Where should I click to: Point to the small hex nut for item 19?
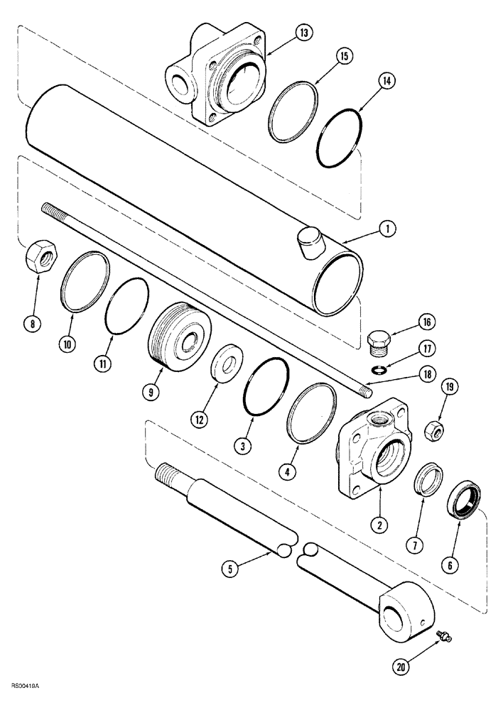pos(432,431)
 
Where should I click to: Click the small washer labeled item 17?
pos(382,367)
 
